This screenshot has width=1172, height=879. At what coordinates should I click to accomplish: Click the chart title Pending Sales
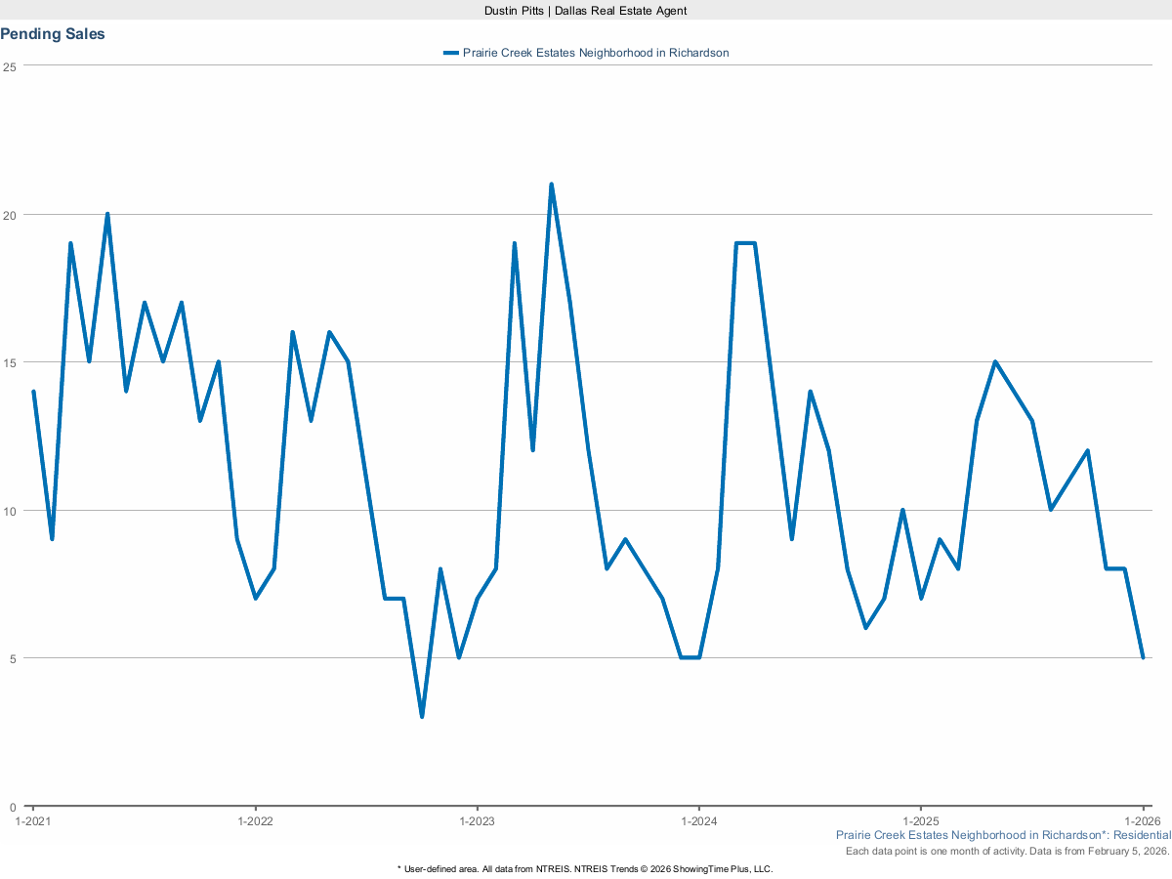point(53,34)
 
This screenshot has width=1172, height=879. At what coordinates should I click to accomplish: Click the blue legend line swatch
point(450,53)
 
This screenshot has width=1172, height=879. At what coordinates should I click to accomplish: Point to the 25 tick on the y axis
point(10,66)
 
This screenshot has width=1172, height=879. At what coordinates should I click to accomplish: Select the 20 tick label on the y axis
point(10,215)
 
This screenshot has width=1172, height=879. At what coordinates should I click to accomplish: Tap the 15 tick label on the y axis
point(10,362)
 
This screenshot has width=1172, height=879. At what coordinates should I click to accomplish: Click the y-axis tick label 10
point(10,511)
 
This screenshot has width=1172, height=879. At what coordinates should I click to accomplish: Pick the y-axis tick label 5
point(13,658)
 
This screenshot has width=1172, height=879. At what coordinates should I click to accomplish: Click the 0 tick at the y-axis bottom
point(13,807)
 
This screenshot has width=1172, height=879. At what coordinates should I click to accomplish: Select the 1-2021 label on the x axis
point(33,821)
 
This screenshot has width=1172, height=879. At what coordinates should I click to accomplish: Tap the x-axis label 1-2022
point(255,821)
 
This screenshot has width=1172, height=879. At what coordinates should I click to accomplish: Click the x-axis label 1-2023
point(477,821)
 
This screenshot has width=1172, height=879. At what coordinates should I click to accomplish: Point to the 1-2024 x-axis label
point(698,821)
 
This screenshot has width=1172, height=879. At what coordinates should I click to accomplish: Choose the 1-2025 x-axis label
point(920,821)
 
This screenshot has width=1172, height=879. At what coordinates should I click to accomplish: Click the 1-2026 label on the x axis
point(1142,821)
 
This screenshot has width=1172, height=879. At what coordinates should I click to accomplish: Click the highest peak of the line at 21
point(551,185)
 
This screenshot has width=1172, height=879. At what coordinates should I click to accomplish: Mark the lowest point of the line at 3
point(422,716)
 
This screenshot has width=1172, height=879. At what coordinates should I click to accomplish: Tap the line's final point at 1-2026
point(1143,657)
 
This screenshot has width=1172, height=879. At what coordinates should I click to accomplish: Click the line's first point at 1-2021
point(33,392)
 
